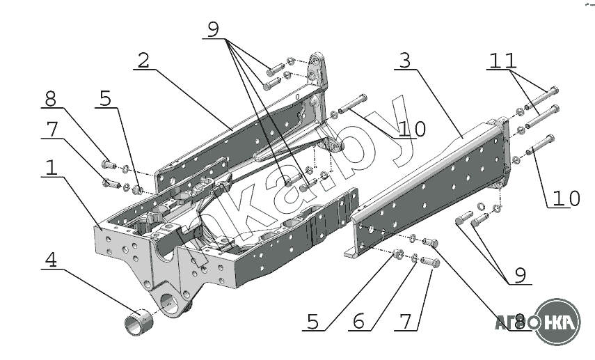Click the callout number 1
pos(50,168)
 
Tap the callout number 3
pos(404,61)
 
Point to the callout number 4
pos(51,260)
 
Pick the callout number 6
pos(359,321)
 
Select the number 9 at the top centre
pos(213,29)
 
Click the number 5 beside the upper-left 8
pos(104,98)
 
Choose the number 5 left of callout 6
pos(312,321)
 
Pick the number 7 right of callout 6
pos(404,321)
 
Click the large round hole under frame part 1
pos(171,304)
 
